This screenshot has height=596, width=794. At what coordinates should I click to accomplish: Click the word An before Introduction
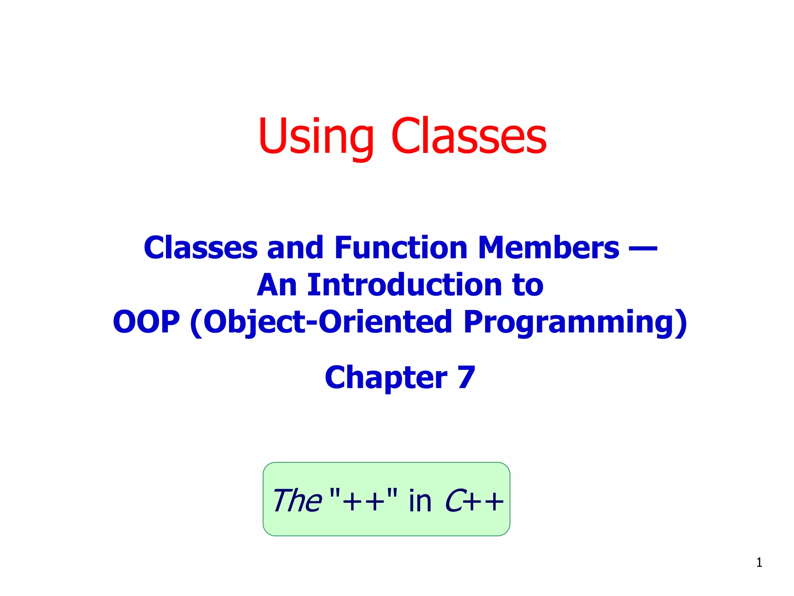click(x=277, y=285)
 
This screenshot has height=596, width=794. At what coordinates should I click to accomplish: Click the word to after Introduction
click(x=528, y=286)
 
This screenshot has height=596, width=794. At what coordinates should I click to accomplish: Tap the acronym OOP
click(x=146, y=322)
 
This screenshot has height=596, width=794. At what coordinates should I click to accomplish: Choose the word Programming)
click(x=575, y=322)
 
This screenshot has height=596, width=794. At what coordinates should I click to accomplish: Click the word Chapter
click(x=386, y=378)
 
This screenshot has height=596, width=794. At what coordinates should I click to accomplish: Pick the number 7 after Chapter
click(x=466, y=377)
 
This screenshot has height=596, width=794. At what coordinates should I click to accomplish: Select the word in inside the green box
click(x=420, y=501)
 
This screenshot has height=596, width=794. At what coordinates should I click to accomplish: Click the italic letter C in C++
click(x=454, y=501)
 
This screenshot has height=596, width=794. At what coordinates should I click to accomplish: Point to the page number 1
click(x=759, y=562)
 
